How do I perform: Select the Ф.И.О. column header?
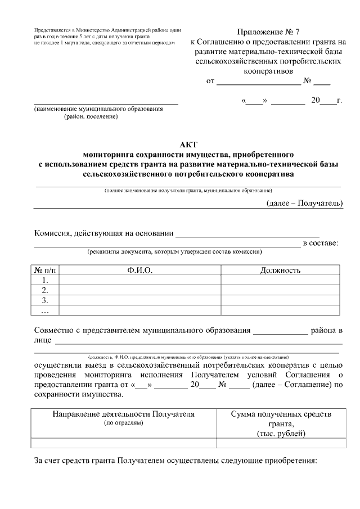(x=140, y=271)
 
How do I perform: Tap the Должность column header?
(x=280, y=271)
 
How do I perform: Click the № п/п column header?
(x=46, y=271)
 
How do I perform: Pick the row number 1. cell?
(x=46, y=280)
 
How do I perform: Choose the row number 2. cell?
(x=46, y=290)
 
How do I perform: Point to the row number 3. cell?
(x=46, y=300)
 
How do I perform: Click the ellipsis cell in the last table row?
(x=46, y=310)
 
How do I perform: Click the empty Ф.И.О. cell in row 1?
(x=140, y=280)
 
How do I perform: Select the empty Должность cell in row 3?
(x=280, y=300)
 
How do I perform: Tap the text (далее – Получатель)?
(x=304, y=203)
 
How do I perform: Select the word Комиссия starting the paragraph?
(x=54, y=233)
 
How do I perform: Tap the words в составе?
(x=321, y=243)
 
